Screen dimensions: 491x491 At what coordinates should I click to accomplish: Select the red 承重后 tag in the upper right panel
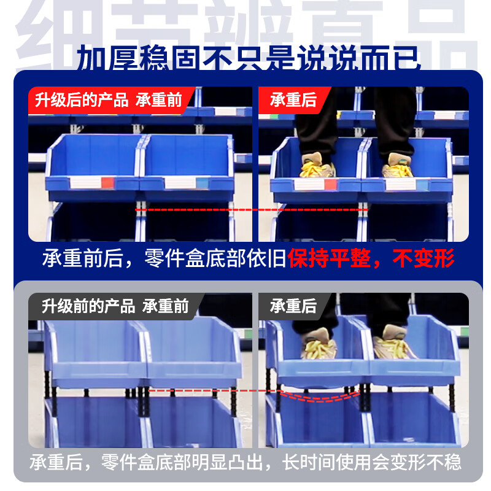[293, 100]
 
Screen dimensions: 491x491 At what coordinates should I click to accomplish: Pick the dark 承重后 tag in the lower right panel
[293, 306]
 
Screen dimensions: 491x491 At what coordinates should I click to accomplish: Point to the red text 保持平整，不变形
[372, 259]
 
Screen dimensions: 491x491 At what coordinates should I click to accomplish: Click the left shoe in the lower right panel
[317, 345]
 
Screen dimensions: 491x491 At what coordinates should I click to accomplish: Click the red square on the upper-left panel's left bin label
[107, 182]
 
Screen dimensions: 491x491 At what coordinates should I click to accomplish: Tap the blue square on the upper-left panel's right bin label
[203, 182]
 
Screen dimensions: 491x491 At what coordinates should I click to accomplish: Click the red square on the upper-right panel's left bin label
[330, 184]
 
